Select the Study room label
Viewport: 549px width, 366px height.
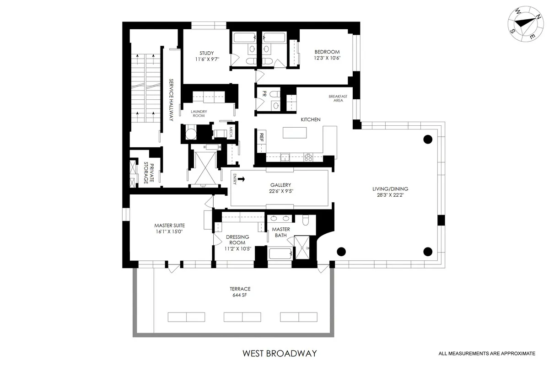tap(206, 53)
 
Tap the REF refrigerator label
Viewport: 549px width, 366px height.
tap(262, 136)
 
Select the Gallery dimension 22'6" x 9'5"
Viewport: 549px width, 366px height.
tap(281, 192)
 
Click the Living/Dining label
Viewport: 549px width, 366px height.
tap(390, 188)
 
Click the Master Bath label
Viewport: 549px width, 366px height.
tap(281, 232)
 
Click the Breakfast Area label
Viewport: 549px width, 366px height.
tap(338, 98)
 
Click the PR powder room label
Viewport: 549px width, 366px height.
tap(264, 94)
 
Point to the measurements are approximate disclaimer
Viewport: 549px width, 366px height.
tap(486, 353)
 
